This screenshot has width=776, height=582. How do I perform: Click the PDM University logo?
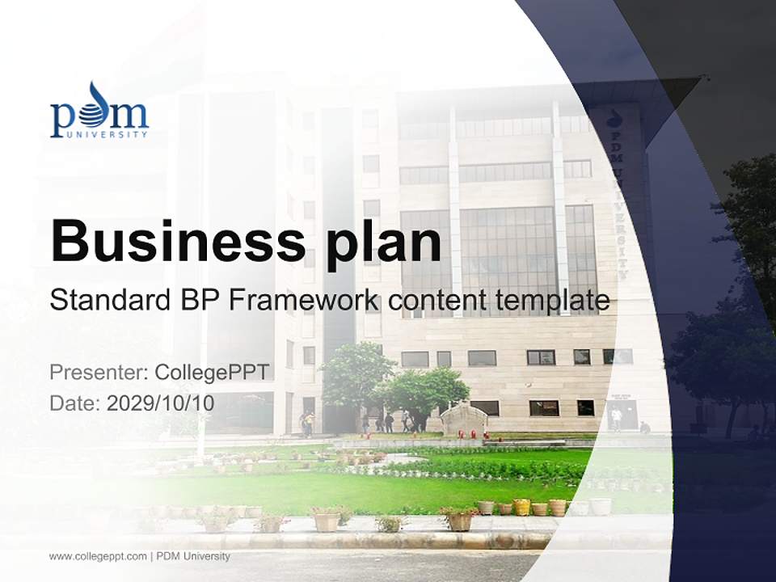[x=99, y=111]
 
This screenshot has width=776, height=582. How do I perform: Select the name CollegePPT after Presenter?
[x=211, y=373]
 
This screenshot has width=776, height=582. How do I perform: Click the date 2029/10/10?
[x=161, y=403]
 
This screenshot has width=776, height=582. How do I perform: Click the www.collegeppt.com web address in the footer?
[x=98, y=556]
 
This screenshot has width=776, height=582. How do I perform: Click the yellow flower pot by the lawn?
[x=521, y=507]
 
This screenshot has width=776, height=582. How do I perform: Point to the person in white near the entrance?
[x=617, y=417]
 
